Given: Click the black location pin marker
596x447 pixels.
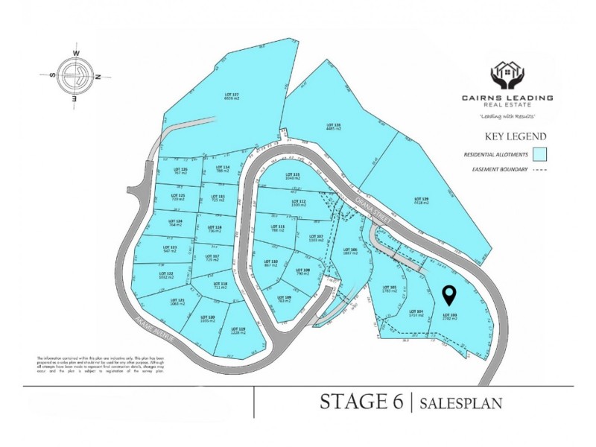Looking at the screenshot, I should point(449,296).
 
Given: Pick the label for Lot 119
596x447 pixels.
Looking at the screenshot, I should point(238,330).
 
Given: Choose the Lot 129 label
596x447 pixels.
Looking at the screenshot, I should point(421,199).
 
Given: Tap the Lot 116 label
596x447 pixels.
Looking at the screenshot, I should point(217,228).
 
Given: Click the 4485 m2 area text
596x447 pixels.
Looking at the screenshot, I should point(333,129).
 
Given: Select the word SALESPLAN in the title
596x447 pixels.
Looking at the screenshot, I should point(460,403).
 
